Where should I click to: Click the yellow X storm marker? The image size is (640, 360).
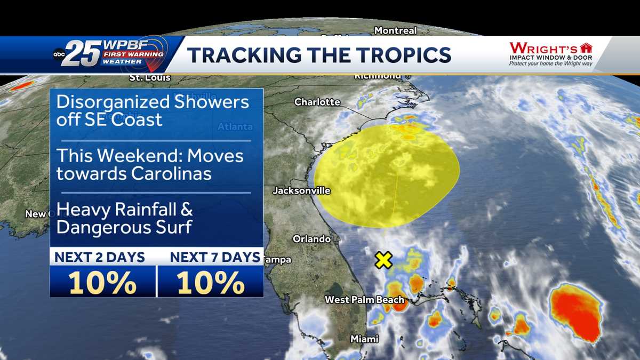[x=383, y=260]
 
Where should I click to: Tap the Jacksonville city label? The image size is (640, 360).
[x=301, y=190]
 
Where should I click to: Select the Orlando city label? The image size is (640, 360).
[x=311, y=239]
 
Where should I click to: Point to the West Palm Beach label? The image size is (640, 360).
[x=365, y=300]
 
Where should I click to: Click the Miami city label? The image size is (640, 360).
[x=364, y=339]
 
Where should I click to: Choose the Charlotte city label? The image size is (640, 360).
[x=317, y=102]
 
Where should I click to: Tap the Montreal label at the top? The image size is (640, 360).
[x=395, y=30]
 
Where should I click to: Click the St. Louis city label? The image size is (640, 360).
[x=150, y=78]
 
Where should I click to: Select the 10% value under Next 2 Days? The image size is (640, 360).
[x=102, y=283]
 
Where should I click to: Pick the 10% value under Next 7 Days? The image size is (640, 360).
[x=211, y=283]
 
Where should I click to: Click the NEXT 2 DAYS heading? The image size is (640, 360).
[x=100, y=258]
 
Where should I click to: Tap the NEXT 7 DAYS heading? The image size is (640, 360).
[x=215, y=258]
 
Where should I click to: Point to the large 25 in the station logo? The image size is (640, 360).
[x=83, y=54]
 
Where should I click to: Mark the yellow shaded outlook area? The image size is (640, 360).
[x=386, y=177]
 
